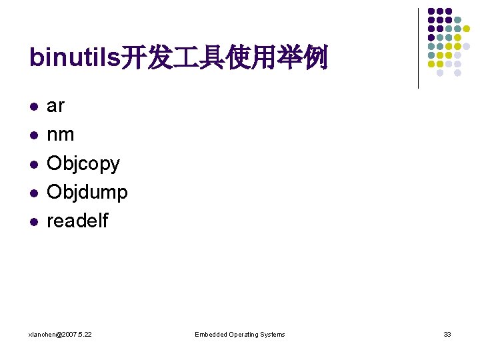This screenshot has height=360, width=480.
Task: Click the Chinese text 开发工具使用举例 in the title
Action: tap(224, 58)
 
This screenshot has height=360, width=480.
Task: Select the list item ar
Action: tap(55, 105)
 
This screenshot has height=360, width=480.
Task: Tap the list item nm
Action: tap(61, 134)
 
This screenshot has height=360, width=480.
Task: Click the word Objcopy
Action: tap(83, 163)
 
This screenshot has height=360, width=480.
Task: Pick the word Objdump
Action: tap(87, 192)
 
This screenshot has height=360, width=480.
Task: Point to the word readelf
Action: tap(77, 221)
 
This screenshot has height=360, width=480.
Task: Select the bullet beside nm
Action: tap(33, 135)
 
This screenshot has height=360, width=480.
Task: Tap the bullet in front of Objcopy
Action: tap(33, 164)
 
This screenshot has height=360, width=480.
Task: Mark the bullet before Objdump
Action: tap(33, 193)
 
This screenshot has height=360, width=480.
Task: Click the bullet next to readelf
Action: tap(33, 221)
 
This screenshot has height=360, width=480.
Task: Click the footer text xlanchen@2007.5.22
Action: tap(61, 334)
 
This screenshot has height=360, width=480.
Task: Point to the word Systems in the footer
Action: tap(273, 334)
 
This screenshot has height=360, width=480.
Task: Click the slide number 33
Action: tap(447, 334)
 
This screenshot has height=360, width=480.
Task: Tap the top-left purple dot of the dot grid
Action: tap(431, 11)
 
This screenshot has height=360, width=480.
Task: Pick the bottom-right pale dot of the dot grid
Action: tap(458, 73)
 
